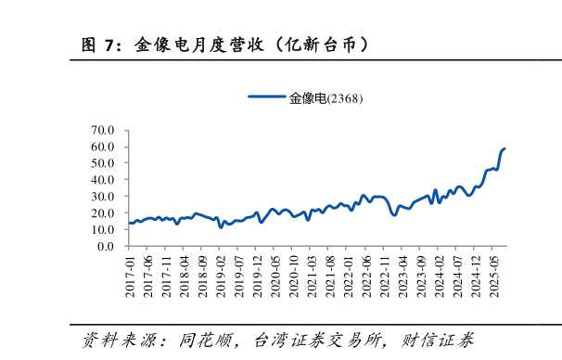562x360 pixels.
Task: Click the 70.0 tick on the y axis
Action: click(102, 130)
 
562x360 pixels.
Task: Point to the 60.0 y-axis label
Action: click(102, 147)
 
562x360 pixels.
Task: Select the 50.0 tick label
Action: click(102, 163)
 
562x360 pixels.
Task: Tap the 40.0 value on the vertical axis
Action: click(102, 180)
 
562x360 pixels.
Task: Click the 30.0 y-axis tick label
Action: click(102, 197)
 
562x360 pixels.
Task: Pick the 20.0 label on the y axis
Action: click(102, 213)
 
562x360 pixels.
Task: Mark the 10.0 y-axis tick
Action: click(102, 230)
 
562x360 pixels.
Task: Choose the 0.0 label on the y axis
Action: click(106, 247)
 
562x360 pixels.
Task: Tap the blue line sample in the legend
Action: click(267, 97)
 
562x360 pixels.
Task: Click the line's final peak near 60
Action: click(504, 148)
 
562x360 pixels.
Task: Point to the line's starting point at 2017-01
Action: click(130, 223)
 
